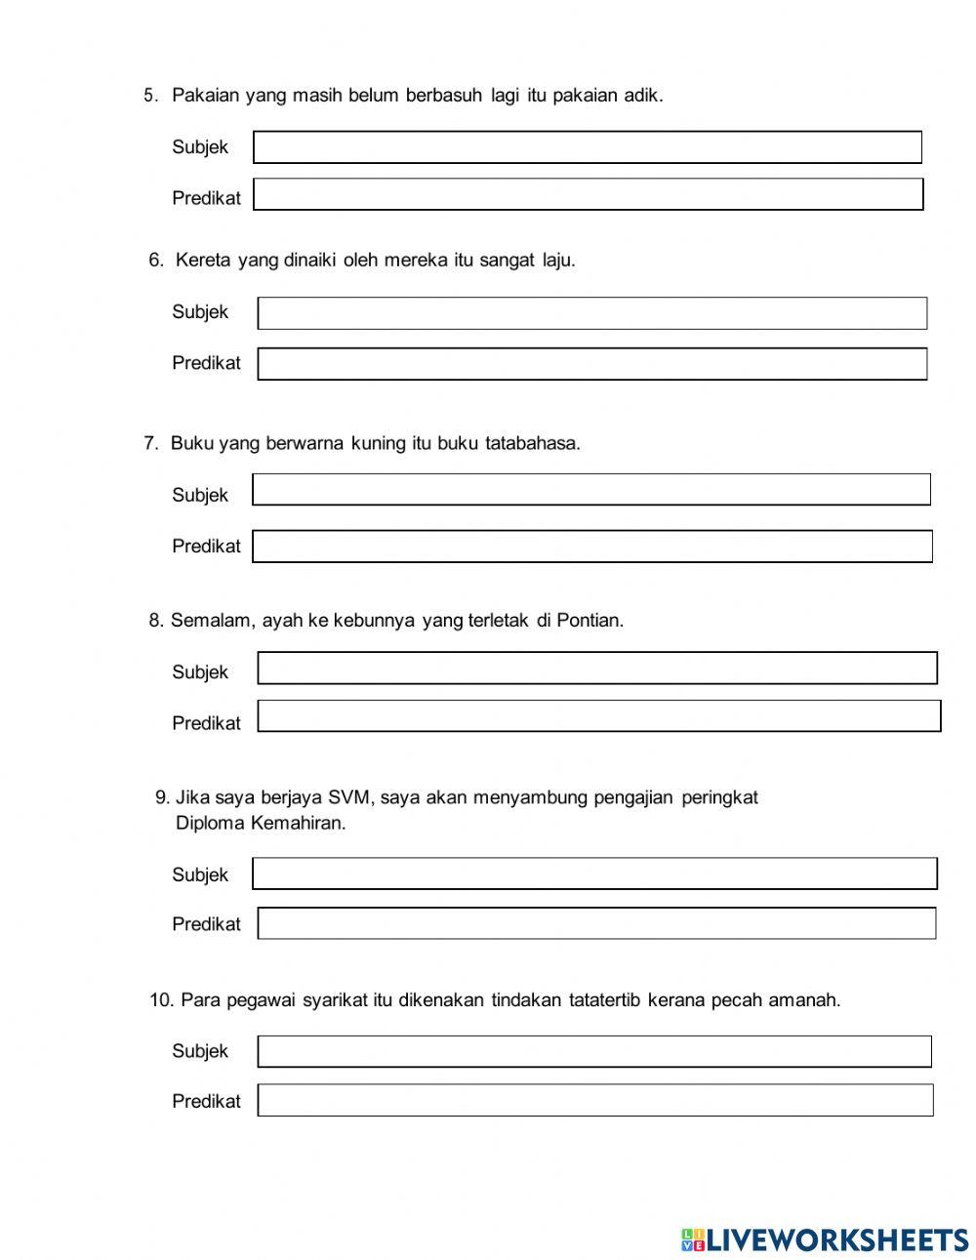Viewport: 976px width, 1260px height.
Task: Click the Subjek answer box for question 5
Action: [587, 147]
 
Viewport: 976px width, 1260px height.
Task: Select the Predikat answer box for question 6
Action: [591, 364]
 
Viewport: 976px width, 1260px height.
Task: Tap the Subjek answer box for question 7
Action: [590, 490]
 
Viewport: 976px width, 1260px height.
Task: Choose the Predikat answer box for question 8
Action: [598, 716]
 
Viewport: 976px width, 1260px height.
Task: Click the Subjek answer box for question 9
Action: [594, 874]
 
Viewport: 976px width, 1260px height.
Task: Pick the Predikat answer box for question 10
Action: [594, 1100]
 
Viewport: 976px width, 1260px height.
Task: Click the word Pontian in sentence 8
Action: [589, 621]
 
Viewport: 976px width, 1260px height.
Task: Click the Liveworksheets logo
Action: [824, 1240]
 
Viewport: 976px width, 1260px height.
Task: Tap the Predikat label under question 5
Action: [206, 198]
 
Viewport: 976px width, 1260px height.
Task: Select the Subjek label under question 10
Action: [200, 1051]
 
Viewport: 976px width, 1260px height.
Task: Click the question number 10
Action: [161, 1000]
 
